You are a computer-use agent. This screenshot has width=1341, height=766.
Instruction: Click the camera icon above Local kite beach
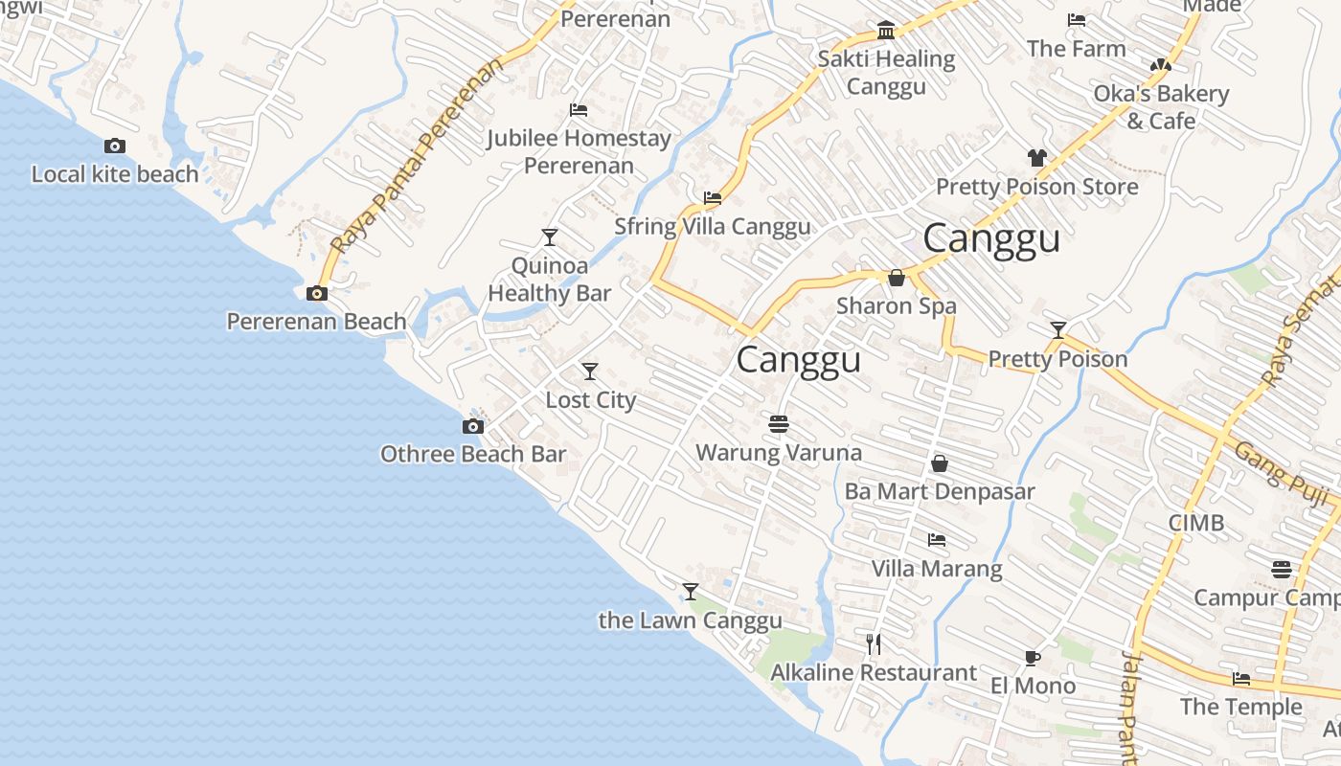pos(115,146)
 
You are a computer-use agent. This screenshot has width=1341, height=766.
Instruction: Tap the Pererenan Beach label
pos(316,322)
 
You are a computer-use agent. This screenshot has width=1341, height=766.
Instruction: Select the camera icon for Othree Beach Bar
pos(473,426)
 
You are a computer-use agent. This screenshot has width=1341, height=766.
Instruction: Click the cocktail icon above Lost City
pos(590,372)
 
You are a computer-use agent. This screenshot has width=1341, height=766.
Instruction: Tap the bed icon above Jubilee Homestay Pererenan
pos(579,110)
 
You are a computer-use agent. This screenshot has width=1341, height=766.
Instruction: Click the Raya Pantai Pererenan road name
pos(418,158)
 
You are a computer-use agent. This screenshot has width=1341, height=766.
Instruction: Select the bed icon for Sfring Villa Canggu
pos(713,198)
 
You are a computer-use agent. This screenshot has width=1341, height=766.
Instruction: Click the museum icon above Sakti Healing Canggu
pos(886,31)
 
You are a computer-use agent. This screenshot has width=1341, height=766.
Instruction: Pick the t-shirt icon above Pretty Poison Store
pos(1036,158)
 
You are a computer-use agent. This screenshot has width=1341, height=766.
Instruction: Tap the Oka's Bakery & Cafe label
pos(1161,107)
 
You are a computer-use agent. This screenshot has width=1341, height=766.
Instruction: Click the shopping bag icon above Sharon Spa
pos(897,278)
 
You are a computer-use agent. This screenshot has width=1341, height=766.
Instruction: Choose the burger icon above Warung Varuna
pos(779,423)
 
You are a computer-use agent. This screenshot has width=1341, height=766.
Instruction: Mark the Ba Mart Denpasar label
pos(940,492)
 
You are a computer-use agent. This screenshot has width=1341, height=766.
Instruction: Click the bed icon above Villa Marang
pos(937,540)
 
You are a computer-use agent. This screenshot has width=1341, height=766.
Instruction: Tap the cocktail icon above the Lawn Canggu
pos(690,592)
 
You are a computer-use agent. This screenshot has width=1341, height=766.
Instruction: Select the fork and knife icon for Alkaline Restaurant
pos(874,643)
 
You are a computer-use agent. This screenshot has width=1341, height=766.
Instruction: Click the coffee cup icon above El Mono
pos(1032,658)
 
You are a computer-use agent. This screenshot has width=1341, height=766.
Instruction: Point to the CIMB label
pos(1196,523)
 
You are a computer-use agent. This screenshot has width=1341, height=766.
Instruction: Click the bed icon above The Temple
pos(1241,679)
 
